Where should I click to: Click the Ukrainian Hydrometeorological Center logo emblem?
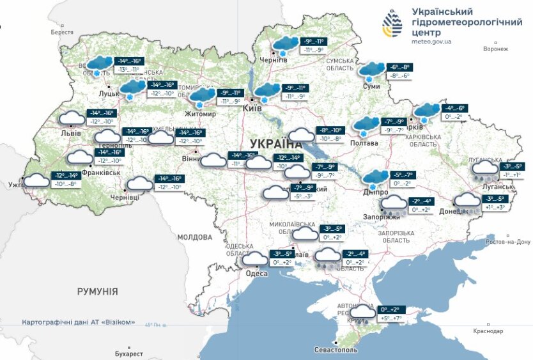pyautogui.click(x=392, y=25)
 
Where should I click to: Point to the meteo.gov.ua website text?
pyautogui.click(x=431, y=42)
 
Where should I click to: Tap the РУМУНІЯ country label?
pyautogui.click(x=97, y=291)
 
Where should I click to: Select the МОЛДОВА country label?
pyautogui.click(x=194, y=237)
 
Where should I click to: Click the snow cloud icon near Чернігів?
pyautogui.click(x=284, y=45)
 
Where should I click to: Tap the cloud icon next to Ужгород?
pyautogui.click(x=38, y=180)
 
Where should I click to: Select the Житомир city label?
pyautogui.click(x=201, y=114)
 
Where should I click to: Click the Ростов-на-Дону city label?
pyautogui.click(x=508, y=242)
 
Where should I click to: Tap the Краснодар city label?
pyautogui.click(x=488, y=331)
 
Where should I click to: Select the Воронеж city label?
pyautogui.click(x=496, y=49)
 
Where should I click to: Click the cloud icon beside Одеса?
pyautogui.click(x=257, y=259)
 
